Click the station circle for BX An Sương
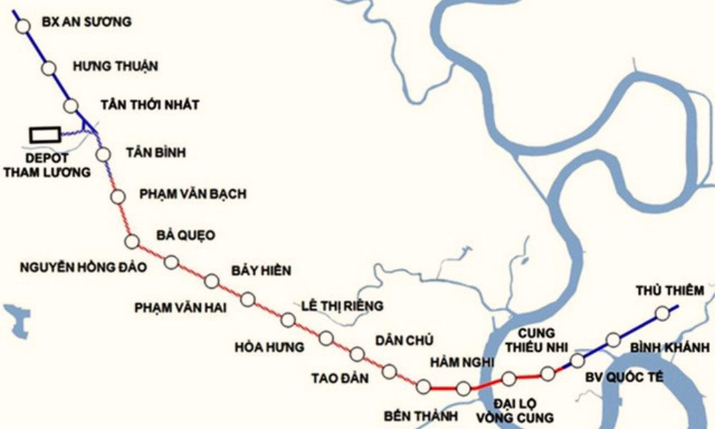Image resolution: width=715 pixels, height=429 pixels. point(23,26)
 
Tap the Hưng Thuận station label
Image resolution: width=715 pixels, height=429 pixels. point(115,66)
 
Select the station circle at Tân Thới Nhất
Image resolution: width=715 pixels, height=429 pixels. point(71,106)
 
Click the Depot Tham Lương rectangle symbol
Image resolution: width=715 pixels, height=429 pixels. point(45,134)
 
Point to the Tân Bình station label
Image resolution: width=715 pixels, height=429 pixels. point(155,152)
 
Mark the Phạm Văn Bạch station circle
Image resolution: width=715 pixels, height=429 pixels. point(117,196)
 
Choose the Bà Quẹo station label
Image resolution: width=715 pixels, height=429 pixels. point(185,235)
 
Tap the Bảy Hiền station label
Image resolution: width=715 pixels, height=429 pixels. point(262,271)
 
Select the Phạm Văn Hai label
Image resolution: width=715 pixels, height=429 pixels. point(180,308)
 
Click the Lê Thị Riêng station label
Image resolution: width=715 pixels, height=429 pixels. point(342,305)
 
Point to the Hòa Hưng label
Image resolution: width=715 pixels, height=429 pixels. point(270,347)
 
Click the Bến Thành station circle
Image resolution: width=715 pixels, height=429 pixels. point(423,387)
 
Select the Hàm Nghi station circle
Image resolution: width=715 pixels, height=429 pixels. point(463,389)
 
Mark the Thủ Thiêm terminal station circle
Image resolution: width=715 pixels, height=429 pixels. point(663,313)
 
